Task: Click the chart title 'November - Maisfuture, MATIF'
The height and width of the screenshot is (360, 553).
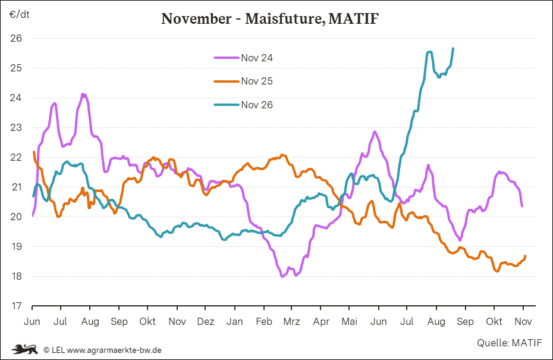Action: point(270,18)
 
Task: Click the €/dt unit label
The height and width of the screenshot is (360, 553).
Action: point(20,14)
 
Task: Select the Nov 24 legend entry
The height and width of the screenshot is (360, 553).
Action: point(243,58)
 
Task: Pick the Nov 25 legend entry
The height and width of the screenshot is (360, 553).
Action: point(243,81)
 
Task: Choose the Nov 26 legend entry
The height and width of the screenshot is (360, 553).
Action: point(243,105)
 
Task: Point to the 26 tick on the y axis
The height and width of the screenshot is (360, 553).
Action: point(16,38)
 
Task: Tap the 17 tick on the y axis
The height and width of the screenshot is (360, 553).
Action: point(16,306)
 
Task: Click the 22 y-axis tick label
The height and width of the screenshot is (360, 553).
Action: point(16,157)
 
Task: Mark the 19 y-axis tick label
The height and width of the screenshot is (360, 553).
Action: point(16,246)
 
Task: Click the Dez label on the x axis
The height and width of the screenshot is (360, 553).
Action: point(206,321)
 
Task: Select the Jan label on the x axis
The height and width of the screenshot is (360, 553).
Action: point(234,321)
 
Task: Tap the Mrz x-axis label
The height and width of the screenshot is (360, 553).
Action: point(292,321)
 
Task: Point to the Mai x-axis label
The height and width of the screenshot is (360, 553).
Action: point(349,321)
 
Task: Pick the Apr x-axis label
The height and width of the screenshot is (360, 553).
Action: point(321,321)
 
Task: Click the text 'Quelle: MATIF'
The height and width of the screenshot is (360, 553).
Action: point(509,343)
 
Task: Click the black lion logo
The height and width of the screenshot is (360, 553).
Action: point(25,349)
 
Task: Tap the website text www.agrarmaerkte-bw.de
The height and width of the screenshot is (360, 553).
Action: point(114,350)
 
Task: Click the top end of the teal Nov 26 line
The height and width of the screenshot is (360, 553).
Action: point(453,48)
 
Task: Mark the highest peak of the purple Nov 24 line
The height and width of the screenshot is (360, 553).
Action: point(83,94)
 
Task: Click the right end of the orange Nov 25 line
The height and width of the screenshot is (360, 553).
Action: point(525,256)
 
